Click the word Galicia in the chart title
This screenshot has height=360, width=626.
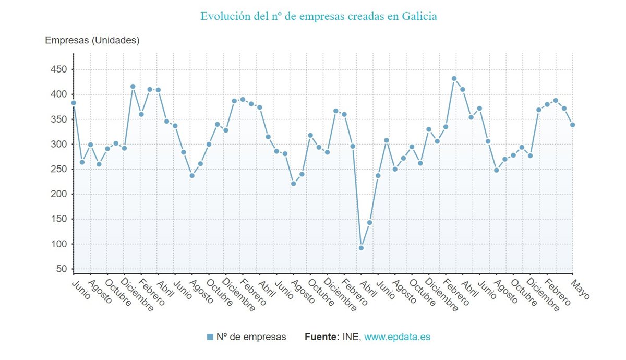point(419,16)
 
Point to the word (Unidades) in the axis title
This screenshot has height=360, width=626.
point(115,40)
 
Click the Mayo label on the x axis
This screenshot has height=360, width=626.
point(580,290)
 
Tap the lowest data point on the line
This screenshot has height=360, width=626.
point(361,248)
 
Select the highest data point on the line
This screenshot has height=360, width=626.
point(454,79)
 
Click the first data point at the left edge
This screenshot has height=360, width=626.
point(74,103)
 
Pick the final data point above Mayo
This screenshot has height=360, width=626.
point(572,125)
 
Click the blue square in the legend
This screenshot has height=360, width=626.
point(210,337)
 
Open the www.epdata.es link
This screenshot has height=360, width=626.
point(397,337)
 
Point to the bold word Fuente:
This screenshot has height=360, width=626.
point(322,337)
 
